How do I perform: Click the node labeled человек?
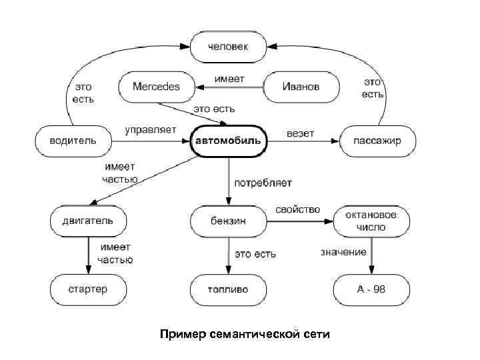(x=228, y=47)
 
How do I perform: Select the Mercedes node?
(x=156, y=87)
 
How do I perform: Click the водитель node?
(x=73, y=141)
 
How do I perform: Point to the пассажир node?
(x=378, y=141)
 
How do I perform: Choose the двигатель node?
(x=89, y=219)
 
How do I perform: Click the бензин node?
(x=228, y=220)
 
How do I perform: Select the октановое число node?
(x=371, y=221)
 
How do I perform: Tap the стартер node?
(x=88, y=290)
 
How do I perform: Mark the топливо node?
(x=228, y=290)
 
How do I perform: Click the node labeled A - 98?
(x=370, y=290)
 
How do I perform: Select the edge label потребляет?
(x=263, y=181)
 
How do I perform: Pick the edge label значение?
(x=343, y=252)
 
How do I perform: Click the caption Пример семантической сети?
(x=245, y=333)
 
